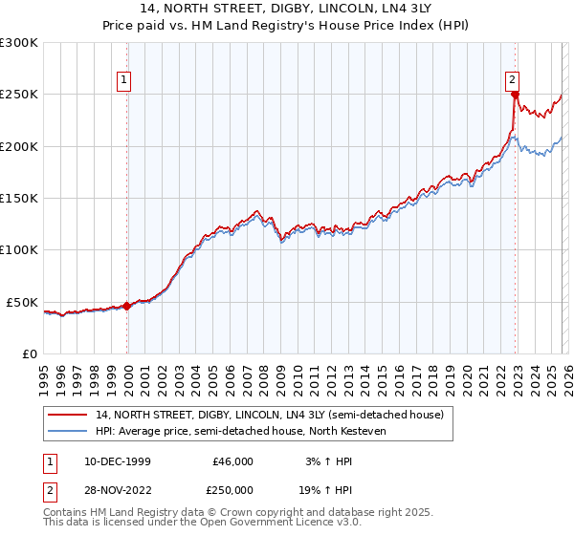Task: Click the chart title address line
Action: point(287,11)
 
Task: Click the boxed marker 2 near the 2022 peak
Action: point(513,80)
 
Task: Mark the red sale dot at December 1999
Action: point(127,307)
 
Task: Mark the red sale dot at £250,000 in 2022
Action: point(515,95)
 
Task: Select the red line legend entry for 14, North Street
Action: point(269,416)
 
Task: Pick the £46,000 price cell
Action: point(232,461)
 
